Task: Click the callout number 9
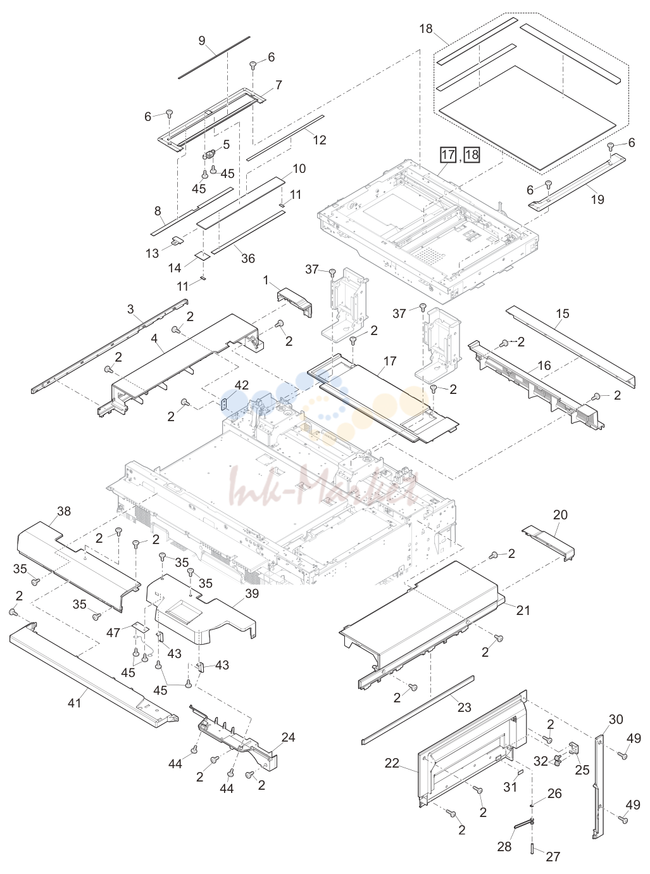point(202,41)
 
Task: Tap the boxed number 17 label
point(448,155)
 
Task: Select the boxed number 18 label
point(472,155)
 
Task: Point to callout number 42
point(242,385)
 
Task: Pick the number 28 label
point(504,846)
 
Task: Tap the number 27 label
point(553,856)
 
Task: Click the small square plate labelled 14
point(203,255)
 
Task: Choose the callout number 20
point(560,515)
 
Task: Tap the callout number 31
point(510,787)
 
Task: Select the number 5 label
point(226,144)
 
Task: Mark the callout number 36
point(248,258)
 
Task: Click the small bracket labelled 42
point(225,405)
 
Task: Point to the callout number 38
point(64,511)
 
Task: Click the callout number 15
point(563,313)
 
